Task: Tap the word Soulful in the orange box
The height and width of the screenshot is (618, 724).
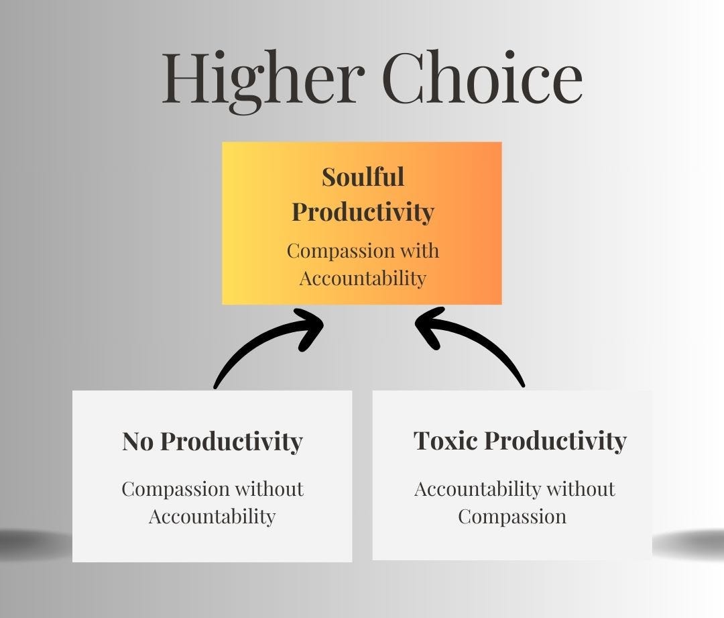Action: pyautogui.click(x=363, y=177)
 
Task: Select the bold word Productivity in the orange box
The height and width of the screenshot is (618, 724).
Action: pyautogui.click(x=363, y=212)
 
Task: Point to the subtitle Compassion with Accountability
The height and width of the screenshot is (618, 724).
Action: pyautogui.click(x=363, y=264)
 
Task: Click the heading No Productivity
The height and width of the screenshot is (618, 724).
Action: pyautogui.click(x=212, y=442)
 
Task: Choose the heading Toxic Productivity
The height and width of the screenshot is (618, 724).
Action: pyautogui.click(x=520, y=441)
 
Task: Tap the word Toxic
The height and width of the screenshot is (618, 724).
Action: pyautogui.click(x=445, y=441)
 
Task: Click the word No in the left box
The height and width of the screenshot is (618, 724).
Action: pyautogui.click(x=138, y=442)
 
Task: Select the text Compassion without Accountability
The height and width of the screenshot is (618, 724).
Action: pyautogui.click(x=212, y=503)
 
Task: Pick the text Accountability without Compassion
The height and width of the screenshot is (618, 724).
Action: pyautogui.click(x=514, y=503)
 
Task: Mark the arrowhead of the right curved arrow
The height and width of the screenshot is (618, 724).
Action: pyautogui.click(x=429, y=324)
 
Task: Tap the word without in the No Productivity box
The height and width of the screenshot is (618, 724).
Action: pyautogui.click(x=271, y=488)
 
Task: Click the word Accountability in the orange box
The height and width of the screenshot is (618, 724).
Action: pyautogui.click(x=363, y=278)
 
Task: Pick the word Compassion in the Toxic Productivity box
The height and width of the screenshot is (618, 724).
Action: pyautogui.click(x=512, y=517)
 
